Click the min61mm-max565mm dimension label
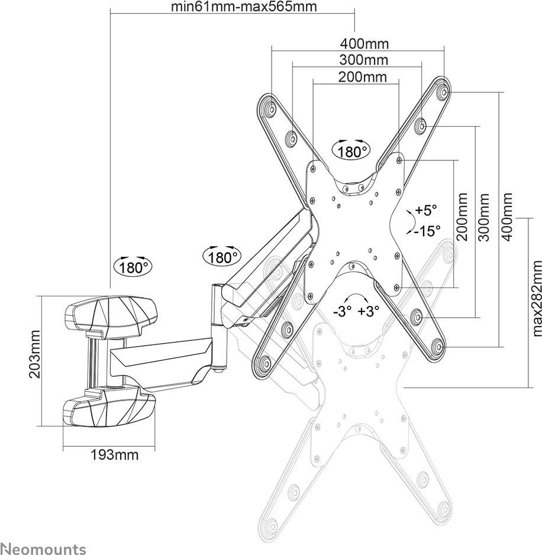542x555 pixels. [244, 7]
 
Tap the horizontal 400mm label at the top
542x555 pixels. [364, 44]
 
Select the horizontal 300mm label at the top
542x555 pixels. [364, 60]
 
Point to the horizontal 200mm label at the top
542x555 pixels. [363, 76]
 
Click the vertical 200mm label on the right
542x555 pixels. [462, 217]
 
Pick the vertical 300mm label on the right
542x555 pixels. [483, 217]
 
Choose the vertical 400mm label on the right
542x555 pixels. [507, 217]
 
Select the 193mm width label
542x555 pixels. [115, 454]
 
